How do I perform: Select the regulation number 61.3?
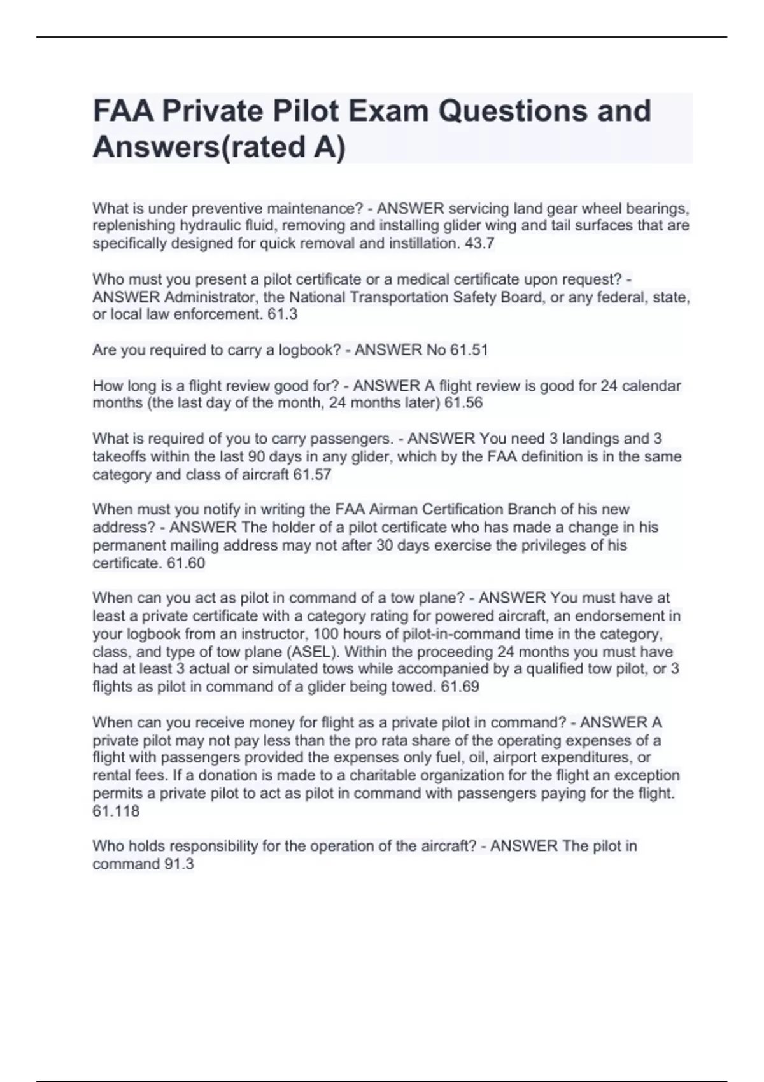tap(283, 314)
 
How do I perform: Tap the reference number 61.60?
tap(186, 563)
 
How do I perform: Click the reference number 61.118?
tap(116, 811)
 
